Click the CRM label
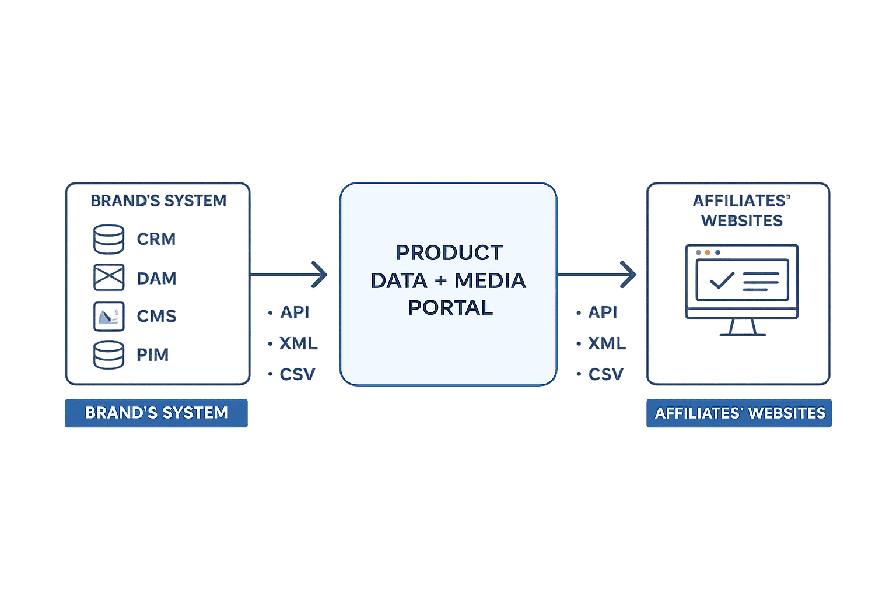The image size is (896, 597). coord(156,239)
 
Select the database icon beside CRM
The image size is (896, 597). coord(109,239)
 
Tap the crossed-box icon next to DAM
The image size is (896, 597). coord(109,278)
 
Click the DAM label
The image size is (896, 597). coord(157,278)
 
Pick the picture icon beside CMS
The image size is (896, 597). coord(109,316)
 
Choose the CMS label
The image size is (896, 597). coord(156,316)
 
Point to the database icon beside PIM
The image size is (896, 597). coord(109,354)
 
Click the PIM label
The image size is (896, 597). coord(153,354)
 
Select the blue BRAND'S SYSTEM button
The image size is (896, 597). coord(156,413)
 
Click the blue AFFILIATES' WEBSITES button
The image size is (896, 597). coord(740,413)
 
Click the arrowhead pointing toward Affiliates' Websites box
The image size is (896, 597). coord(629,275)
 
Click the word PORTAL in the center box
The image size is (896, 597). coord(450,307)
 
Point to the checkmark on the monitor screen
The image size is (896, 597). coord(722,281)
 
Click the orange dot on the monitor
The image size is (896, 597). coord(708,253)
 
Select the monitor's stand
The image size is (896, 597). coord(742,329)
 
